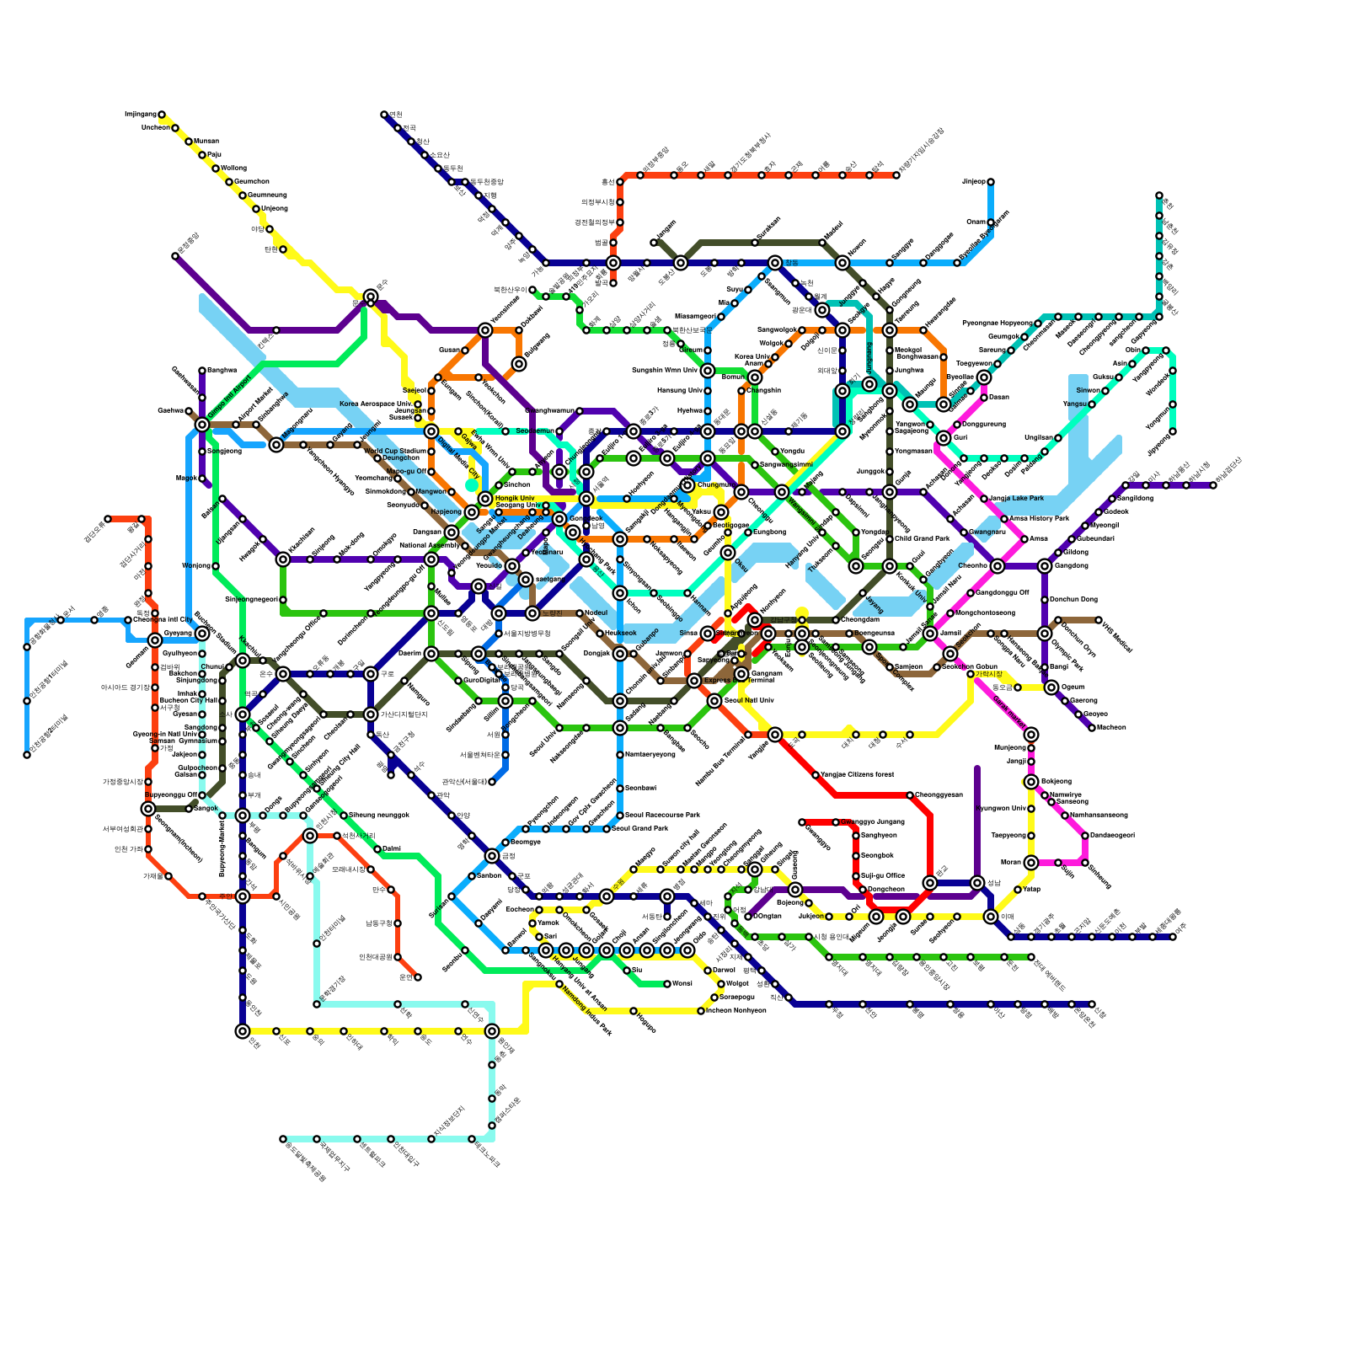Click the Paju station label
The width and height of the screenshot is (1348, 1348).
(214, 155)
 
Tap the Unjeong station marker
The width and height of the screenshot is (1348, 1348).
(256, 209)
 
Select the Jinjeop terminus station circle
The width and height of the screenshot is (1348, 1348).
(991, 182)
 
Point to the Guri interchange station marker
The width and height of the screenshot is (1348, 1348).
(944, 438)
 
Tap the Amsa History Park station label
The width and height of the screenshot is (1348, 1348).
(1039, 518)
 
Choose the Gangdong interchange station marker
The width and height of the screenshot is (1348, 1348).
(1045, 566)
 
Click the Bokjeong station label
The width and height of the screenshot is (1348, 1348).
(1056, 781)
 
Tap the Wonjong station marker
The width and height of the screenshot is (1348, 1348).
(216, 566)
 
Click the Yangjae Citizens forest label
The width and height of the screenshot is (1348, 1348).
(858, 774)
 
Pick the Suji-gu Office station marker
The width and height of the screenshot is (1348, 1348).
(856, 876)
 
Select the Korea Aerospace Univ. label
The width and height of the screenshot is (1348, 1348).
(376, 404)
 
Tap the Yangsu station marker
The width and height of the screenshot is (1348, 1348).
(1092, 404)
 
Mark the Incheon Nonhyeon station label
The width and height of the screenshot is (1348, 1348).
(736, 1010)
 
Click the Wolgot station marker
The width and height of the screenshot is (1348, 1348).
(721, 984)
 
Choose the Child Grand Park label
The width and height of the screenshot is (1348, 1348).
(922, 538)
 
